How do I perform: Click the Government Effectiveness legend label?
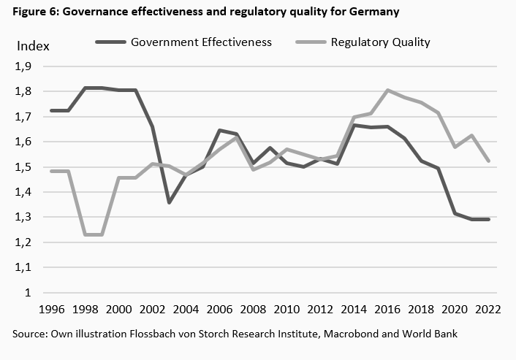click(x=201, y=42)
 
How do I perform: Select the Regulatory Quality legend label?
click(x=380, y=42)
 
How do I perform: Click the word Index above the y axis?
click(x=32, y=46)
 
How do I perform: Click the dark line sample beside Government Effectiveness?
click(x=110, y=42)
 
